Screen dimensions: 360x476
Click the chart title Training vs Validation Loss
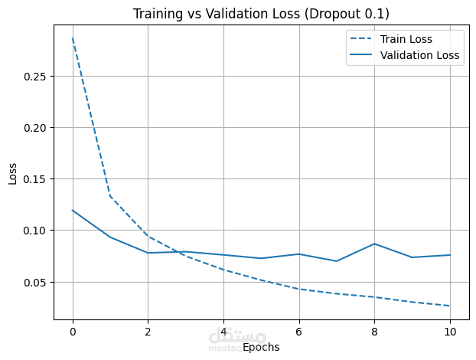point(260,14)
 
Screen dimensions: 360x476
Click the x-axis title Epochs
point(261,348)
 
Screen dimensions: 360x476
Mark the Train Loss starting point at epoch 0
point(73,38)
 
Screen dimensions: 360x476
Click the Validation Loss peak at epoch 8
point(374,244)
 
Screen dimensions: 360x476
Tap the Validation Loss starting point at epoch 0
point(73,210)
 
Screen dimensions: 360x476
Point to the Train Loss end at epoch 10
point(449,306)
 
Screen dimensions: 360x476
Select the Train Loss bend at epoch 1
point(110,196)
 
